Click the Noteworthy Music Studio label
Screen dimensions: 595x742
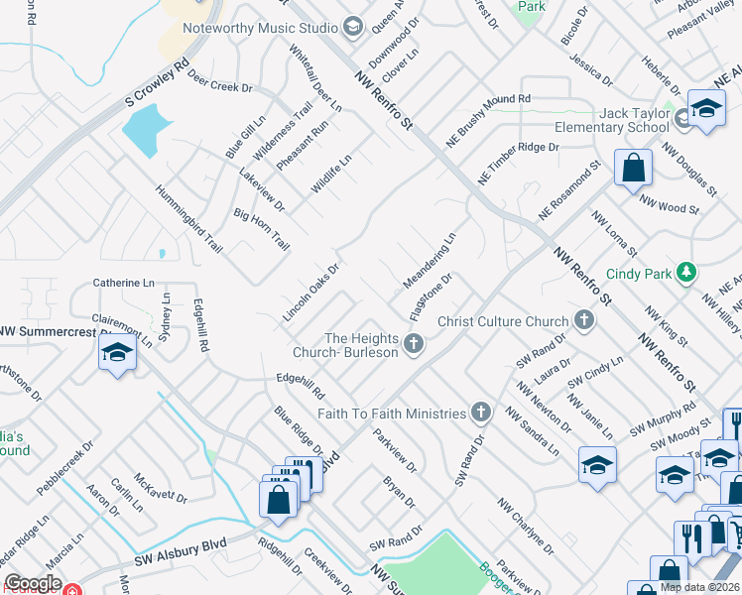[261, 27]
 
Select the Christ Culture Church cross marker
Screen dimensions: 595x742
[584, 320]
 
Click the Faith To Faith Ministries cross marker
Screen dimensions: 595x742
[481, 412]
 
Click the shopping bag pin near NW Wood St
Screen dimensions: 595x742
[633, 170]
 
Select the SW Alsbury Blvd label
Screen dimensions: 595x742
[183, 545]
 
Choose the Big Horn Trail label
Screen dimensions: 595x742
[261, 229]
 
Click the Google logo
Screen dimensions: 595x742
[33, 583]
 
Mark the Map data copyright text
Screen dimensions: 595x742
[699, 587]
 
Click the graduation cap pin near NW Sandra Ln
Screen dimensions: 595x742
[597, 466]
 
